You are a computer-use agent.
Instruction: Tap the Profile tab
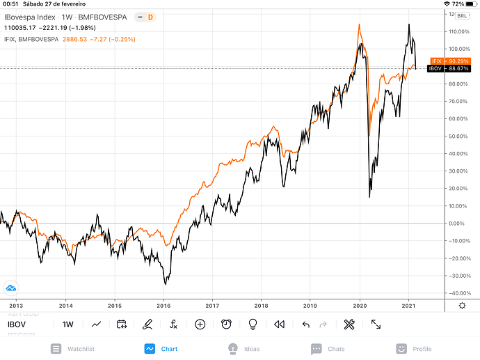pos(413,349)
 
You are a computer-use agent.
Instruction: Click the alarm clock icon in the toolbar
pos(227,324)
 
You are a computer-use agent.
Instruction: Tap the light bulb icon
pos(253,324)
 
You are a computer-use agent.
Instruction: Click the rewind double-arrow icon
pos(280,324)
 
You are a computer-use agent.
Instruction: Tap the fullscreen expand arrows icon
pos(376,324)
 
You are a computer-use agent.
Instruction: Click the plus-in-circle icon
pos(200,324)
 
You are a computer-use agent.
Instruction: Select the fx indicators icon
pos(173,324)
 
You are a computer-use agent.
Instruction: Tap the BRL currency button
pos(462,17)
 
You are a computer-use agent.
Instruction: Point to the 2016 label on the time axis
pos(164,306)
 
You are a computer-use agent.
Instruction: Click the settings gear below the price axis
pos(462,306)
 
